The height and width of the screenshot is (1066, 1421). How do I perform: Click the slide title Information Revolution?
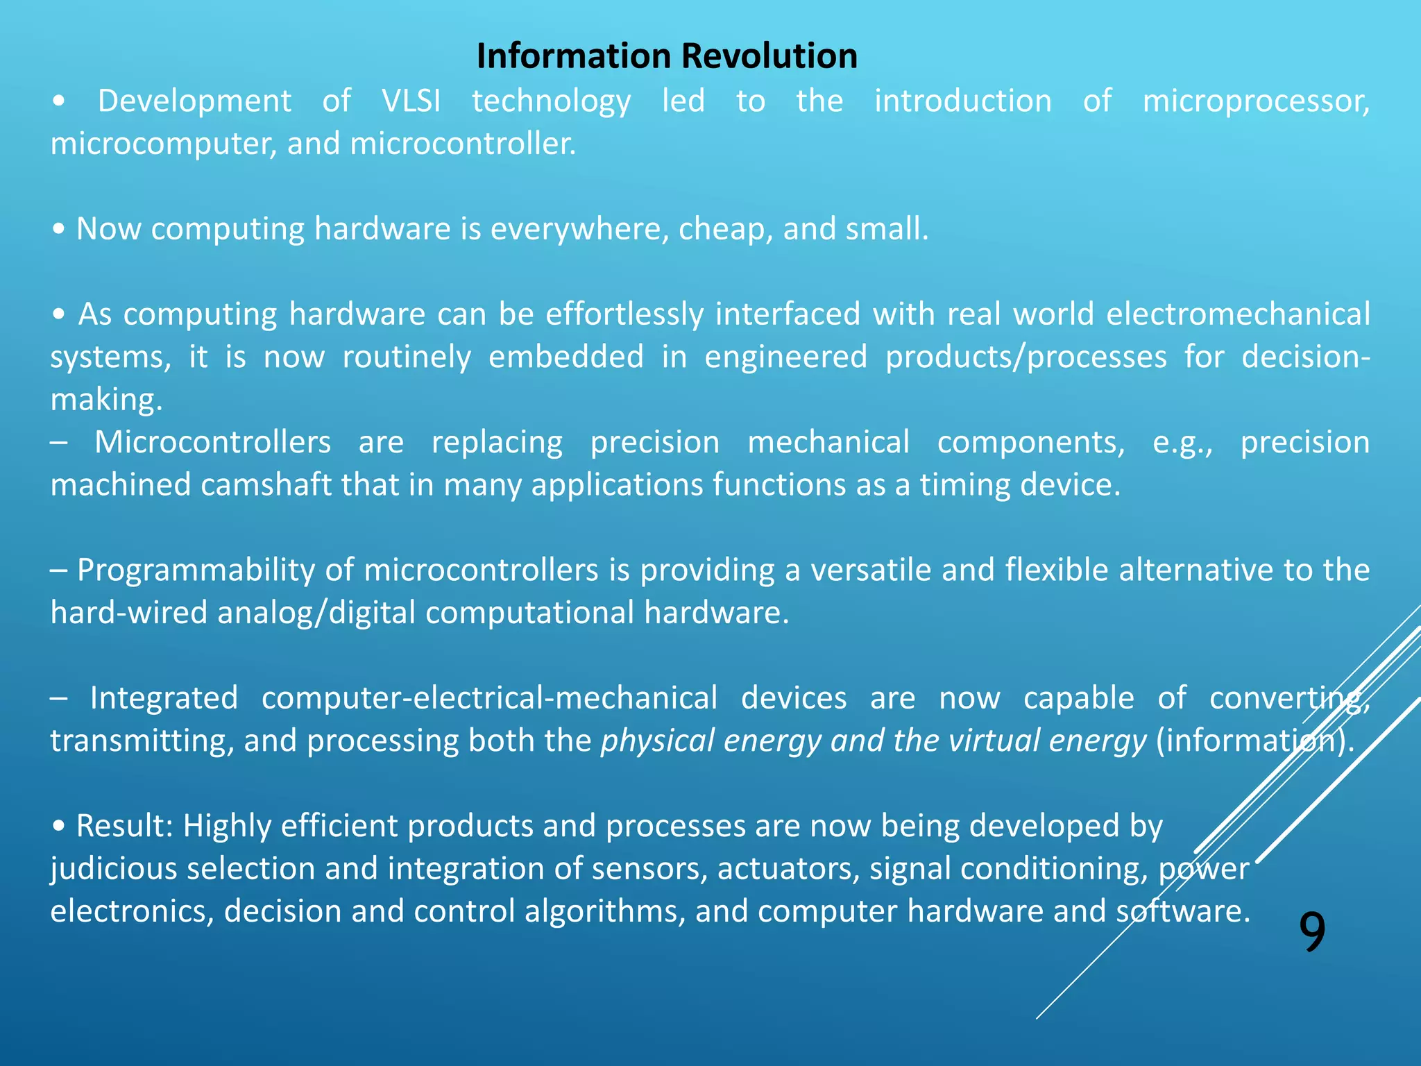click(667, 56)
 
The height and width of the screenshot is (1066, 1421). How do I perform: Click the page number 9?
click(1311, 932)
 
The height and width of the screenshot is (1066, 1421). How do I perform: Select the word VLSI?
click(411, 101)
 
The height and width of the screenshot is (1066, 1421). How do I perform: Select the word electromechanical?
click(1238, 314)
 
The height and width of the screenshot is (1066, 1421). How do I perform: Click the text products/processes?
click(1026, 357)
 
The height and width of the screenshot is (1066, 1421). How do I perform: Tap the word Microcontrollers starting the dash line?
click(213, 443)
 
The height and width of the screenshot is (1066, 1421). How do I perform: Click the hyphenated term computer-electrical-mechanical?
click(489, 698)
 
